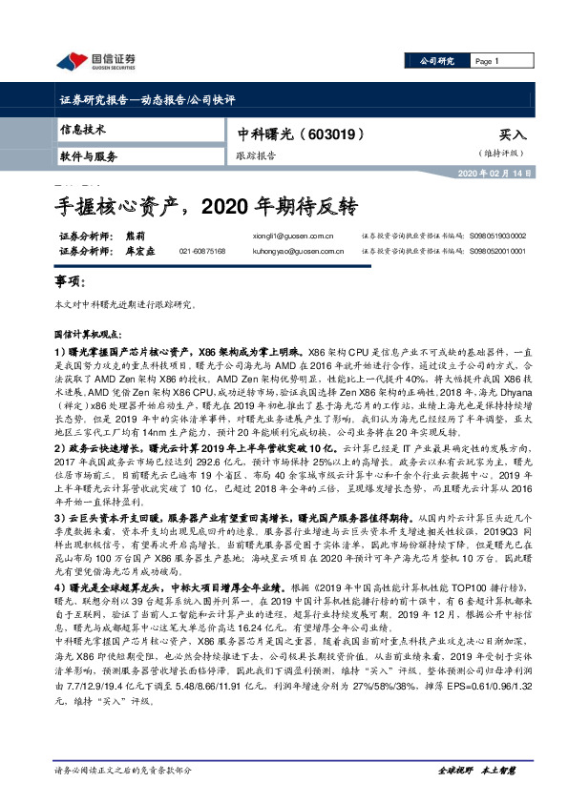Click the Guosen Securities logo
95,62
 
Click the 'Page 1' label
486,61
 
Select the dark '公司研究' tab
440,61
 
